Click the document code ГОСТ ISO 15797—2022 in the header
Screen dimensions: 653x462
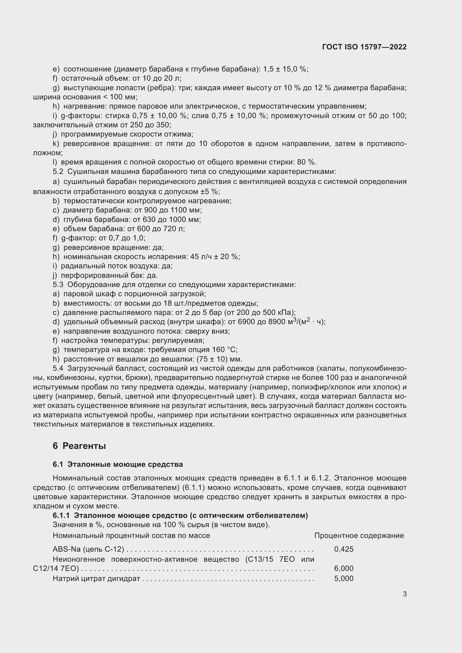point(364,47)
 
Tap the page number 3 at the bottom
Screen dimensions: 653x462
point(404,594)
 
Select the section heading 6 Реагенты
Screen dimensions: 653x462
point(79,446)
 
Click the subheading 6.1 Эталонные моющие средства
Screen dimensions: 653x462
point(118,464)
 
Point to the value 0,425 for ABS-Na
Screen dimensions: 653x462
point(344,549)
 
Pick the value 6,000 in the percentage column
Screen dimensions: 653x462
point(344,568)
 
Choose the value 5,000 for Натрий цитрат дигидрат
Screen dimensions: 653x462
point(344,578)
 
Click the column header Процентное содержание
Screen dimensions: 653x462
point(359,535)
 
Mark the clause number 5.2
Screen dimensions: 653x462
point(58,171)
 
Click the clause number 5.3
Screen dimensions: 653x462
point(58,284)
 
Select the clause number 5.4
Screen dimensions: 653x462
point(58,368)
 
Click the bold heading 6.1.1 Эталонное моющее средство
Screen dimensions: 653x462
point(180,515)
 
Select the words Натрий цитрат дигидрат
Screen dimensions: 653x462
point(96,578)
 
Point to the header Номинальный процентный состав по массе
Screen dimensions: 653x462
point(131,535)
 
